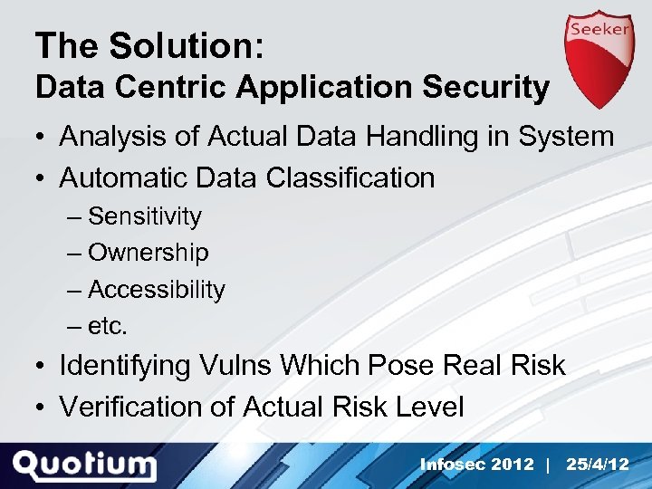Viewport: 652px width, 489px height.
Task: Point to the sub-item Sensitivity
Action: (x=144, y=216)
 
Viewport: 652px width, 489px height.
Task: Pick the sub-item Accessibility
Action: (x=156, y=290)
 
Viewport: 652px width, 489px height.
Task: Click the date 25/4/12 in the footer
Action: (x=598, y=465)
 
